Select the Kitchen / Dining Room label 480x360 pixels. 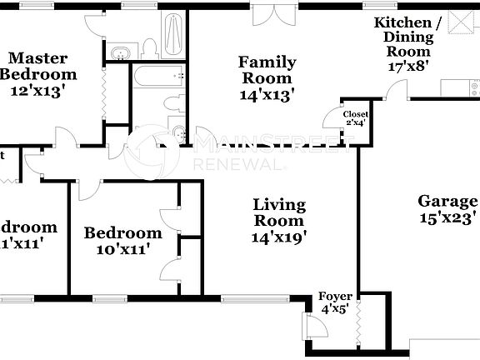point(403,37)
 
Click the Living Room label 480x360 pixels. point(279,212)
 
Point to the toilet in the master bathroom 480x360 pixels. point(150,48)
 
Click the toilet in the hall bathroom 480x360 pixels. point(176,103)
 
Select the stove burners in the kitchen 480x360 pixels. point(473,86)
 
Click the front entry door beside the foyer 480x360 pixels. point(317,327)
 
